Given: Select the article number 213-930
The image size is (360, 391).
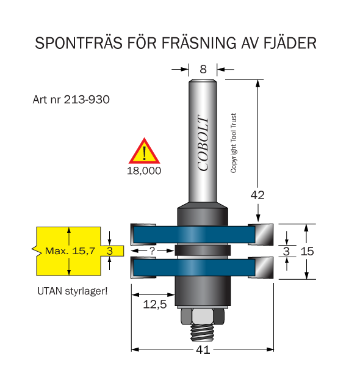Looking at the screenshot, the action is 87,100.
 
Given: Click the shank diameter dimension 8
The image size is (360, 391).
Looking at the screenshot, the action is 203,69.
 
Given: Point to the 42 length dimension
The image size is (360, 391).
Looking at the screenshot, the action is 257,195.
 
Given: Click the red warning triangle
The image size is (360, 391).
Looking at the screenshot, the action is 144,151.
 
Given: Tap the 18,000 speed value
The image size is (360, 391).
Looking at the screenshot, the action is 144,171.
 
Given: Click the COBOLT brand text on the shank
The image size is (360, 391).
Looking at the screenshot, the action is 203,142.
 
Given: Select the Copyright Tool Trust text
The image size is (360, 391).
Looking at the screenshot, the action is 233,143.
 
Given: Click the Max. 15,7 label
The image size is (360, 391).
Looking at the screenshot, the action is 70,251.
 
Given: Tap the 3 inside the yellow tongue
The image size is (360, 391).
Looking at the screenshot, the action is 110,251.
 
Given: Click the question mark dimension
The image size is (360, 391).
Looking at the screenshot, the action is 153,250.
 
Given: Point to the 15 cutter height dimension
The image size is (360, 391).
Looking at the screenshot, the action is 307,251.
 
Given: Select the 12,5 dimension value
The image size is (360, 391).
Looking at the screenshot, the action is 154,304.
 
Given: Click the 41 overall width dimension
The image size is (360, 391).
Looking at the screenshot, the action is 203,350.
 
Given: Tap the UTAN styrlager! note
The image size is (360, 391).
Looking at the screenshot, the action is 73,291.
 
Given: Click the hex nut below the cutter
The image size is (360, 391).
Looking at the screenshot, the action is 203,316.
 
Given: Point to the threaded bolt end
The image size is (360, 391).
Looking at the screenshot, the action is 203,332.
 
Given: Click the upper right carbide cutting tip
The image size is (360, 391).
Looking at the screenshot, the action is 261,235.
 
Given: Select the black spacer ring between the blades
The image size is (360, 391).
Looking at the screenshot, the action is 203,250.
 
